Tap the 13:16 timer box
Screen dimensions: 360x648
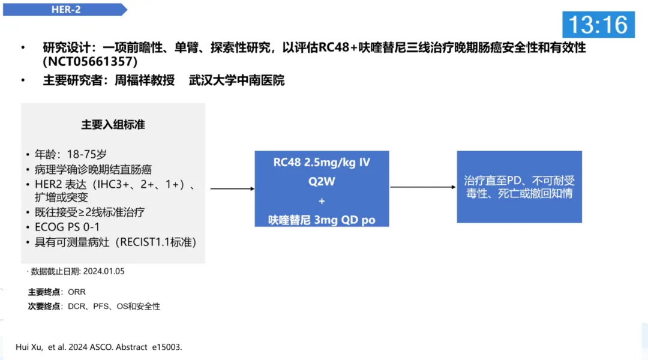[598, 25]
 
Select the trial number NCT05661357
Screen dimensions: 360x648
[90, 61]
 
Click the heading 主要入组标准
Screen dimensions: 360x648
[113, 125]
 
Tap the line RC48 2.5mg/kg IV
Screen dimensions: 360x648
[322, 162]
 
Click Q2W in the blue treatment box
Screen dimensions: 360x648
[322, 181]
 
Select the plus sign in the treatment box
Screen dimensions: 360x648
[322, 200]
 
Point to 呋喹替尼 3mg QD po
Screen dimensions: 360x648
[322, 220]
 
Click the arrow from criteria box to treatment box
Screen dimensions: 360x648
[231, 188]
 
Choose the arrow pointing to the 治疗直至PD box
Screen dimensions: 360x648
[423, 187]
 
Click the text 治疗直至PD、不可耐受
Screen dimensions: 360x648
[519, 180]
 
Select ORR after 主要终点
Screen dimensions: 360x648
[77, 292]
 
